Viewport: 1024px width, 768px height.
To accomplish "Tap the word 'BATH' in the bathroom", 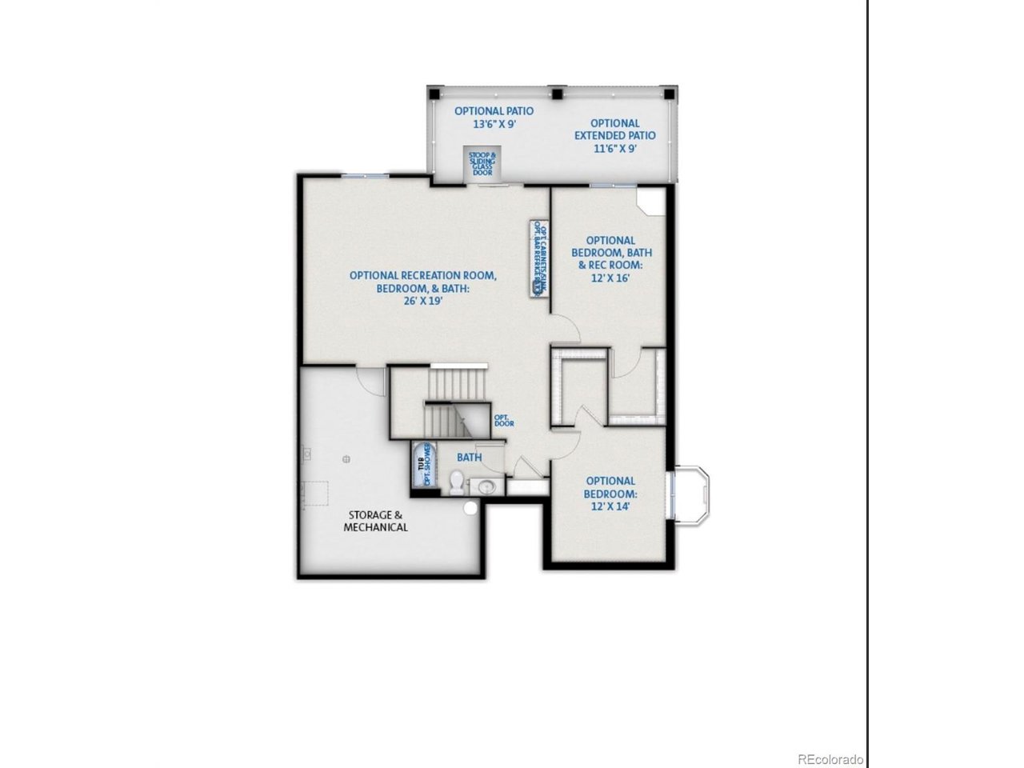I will point(469,458).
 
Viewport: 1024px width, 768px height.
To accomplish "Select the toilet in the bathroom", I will point(457,482).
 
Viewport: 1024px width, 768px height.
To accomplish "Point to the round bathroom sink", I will point(485,485).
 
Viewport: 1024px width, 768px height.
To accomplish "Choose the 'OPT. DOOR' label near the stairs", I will point(503,420).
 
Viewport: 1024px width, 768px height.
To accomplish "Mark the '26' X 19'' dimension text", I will point(423,302).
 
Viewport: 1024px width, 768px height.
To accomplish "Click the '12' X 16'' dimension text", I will point(610,277).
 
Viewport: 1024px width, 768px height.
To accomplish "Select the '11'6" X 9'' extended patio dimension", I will point(614,148).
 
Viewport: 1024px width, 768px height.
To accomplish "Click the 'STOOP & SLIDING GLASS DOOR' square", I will point(482,164).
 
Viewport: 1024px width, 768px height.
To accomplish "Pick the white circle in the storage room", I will point(470,507).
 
